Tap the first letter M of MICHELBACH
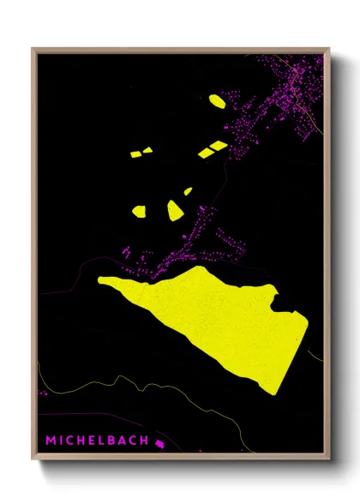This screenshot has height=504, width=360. (51, 441)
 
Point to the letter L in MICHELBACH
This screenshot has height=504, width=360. (104, 441)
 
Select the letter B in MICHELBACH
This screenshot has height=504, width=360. (115, 441)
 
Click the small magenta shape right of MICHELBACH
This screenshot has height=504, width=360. (159, 441)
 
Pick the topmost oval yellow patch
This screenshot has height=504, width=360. (217, 101)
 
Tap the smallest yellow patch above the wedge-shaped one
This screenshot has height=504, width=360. (188, 191)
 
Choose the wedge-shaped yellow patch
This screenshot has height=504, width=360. (176, 210)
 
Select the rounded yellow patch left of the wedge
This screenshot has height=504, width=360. (139, 210)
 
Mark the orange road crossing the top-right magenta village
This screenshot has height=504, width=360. (300, 94)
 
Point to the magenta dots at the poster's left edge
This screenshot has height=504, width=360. (42, 393)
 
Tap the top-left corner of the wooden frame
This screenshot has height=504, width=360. (33, 49)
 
